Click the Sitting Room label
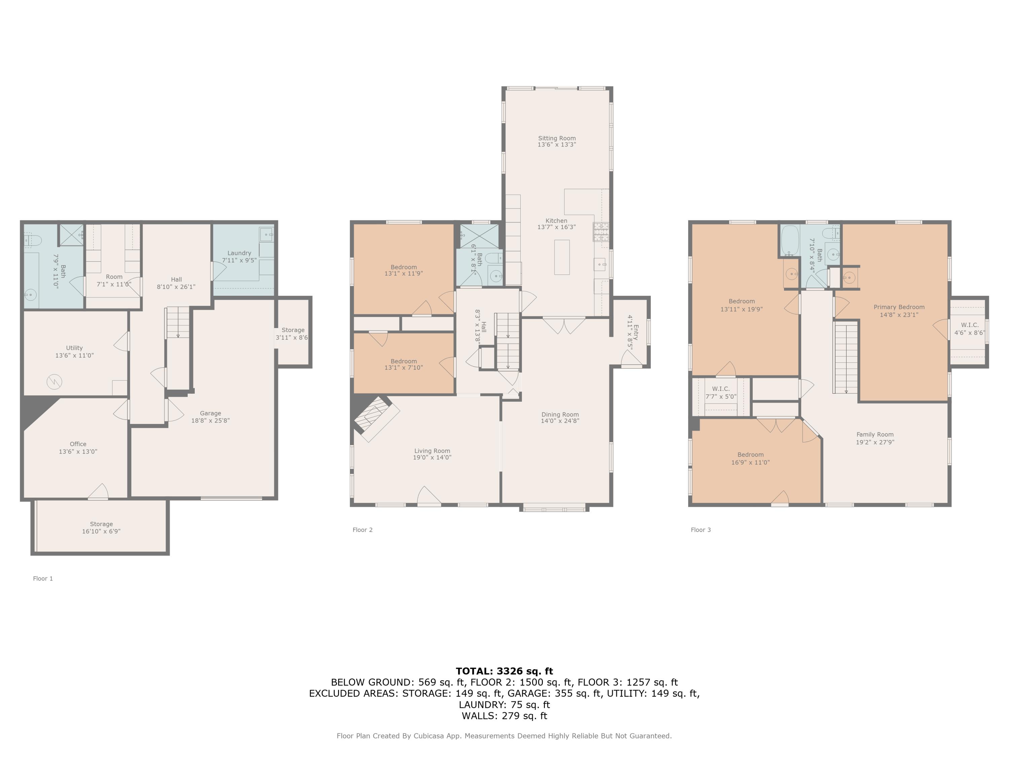pyautogui.click(x=557, y=138)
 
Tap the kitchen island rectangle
pyautogui.click(x=562, y=257)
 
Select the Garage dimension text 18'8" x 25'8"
pyautogui.click(x=210, y=421)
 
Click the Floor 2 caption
pyautogui.click(x=362, y=530)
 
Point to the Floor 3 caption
pyautogui.click(x=701, y=530)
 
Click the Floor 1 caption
pyautogui.click(x=43, y=579)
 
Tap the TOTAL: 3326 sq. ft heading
pyautogui.click(x=504, y=671)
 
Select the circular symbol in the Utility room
pyautogui.click(x=54, y=382)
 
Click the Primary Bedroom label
pyautogui.click(x=899, y=307)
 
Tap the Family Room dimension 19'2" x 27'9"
pyautogui.click(x=874, y=442)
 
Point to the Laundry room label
pyautogui.click(x=239, y=253)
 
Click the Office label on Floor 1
pyautogui.click(x=78, y=444)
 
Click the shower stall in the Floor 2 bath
pyautogui.click(x=479, y=236)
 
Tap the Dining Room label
pyautogui.click(x=560, y=414)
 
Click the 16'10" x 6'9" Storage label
pyautogui.click(x=101, y=531)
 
